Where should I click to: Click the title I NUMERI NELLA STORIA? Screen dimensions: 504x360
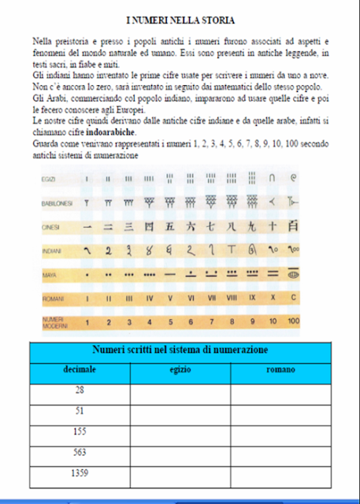180,17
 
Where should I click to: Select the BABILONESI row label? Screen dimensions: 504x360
57,203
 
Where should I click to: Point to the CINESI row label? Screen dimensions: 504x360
50,228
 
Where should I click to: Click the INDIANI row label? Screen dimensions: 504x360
51,252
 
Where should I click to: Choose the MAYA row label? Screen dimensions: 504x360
48,276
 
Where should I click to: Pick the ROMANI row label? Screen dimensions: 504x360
52,300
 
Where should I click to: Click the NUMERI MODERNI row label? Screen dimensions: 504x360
54,322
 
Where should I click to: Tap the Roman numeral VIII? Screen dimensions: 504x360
231,300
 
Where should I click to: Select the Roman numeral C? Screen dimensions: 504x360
293,300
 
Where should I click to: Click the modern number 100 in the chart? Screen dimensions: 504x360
293,322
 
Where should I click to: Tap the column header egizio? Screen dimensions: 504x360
180,369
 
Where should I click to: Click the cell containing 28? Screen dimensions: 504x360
80,391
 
